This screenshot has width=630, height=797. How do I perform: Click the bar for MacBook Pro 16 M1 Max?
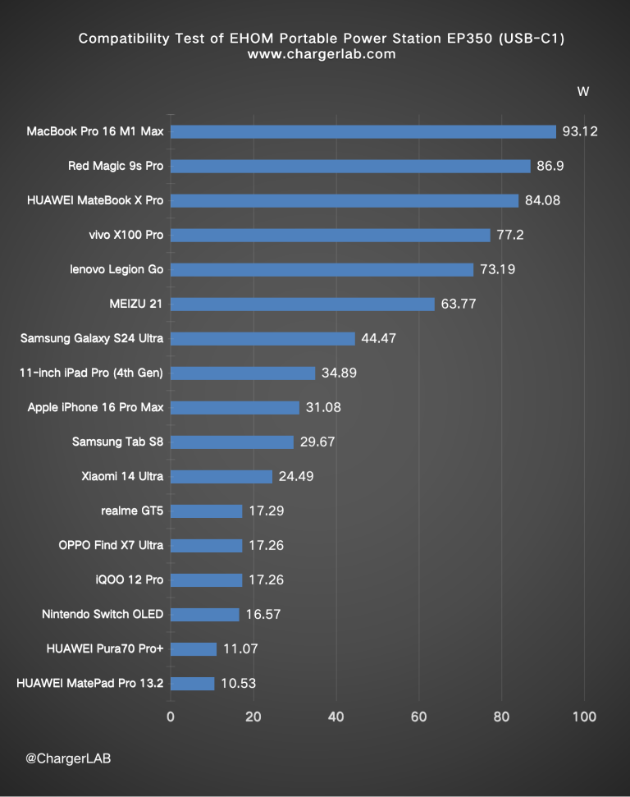point(363,131)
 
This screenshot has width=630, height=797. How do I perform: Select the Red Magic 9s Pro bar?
point(350,166)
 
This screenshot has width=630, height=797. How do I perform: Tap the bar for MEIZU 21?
point(303,304)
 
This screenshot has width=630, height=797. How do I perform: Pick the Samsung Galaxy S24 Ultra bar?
point(262,338)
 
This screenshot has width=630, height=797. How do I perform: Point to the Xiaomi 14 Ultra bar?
point(221,476)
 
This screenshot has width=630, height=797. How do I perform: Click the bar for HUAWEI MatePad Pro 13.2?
point(192,683)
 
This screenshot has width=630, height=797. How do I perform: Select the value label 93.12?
point(580,131)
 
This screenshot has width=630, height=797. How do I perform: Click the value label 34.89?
point(339,373)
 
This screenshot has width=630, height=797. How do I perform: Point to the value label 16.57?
point(262,614)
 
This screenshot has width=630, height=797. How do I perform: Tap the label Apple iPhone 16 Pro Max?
point(95,407)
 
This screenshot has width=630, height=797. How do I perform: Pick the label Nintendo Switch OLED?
point(103,614)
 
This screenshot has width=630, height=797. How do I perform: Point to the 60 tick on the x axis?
point(419,716)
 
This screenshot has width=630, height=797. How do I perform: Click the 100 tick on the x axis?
point(584,716)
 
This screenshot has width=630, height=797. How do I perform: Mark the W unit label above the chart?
point(583,91)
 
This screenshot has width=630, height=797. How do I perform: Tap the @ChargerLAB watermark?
point(68,758)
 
